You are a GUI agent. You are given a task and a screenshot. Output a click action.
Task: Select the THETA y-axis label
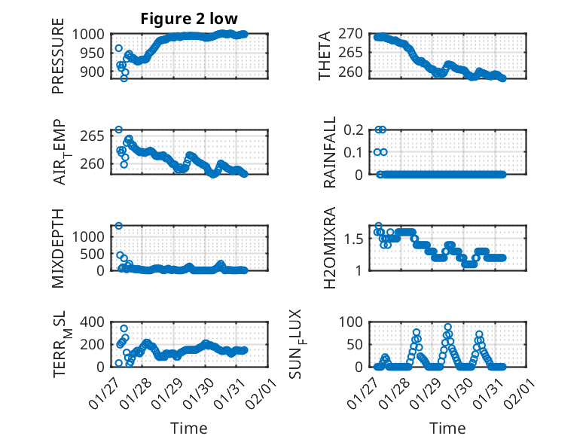coord(325,56)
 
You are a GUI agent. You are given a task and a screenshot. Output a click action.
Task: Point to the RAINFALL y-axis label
coord(330,153)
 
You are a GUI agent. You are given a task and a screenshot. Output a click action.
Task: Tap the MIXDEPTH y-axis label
coord(58,248)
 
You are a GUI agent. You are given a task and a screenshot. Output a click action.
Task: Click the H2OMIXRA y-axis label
coord(330,248)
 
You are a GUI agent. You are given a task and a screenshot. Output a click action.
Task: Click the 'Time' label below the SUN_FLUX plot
coord(447,428)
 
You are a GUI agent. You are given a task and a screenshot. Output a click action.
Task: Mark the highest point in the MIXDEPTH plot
coord(119,226)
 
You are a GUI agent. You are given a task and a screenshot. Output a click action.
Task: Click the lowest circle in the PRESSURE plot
coord(124,78)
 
